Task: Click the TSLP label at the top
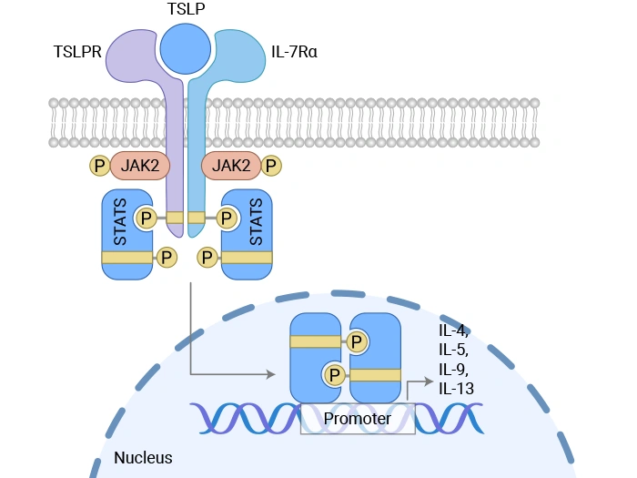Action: tap(187, 9)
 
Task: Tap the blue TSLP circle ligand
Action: tap(187, 49)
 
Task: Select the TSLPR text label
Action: tap(76, 51)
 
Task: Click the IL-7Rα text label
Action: tap(294, 51)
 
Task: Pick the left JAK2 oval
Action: tap(137, 165)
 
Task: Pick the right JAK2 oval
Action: tap(231, 165)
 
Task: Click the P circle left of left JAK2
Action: tap(99, 166)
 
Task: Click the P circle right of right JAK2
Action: tap(270, 166)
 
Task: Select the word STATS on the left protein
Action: tap(120, 218)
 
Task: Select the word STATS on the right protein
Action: tap(256, 218)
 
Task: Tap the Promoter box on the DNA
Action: tap(358, 419)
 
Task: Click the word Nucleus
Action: tap(143, 458)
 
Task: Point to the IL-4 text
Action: tap(453, 331)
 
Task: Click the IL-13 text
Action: tap(456, 389)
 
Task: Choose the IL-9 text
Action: tap(453, 370)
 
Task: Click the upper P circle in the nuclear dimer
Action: tap(357, 341)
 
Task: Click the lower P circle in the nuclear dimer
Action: tap(335, 374)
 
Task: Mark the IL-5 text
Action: tap(453, 350)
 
